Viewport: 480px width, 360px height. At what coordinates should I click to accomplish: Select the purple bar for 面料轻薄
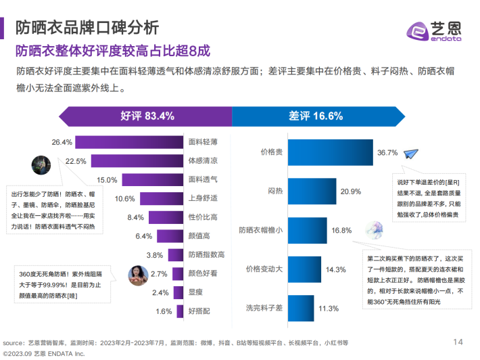129,142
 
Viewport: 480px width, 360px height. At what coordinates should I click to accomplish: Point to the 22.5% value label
76,161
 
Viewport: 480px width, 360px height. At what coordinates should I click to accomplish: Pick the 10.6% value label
125,199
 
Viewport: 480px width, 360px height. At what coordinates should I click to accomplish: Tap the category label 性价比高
202,217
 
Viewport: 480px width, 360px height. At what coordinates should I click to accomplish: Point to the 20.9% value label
350,192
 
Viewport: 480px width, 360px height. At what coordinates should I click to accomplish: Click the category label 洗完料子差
264,308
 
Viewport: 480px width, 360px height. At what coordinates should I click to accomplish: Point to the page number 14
458,340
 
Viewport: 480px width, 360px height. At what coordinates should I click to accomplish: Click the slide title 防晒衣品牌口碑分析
87,28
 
